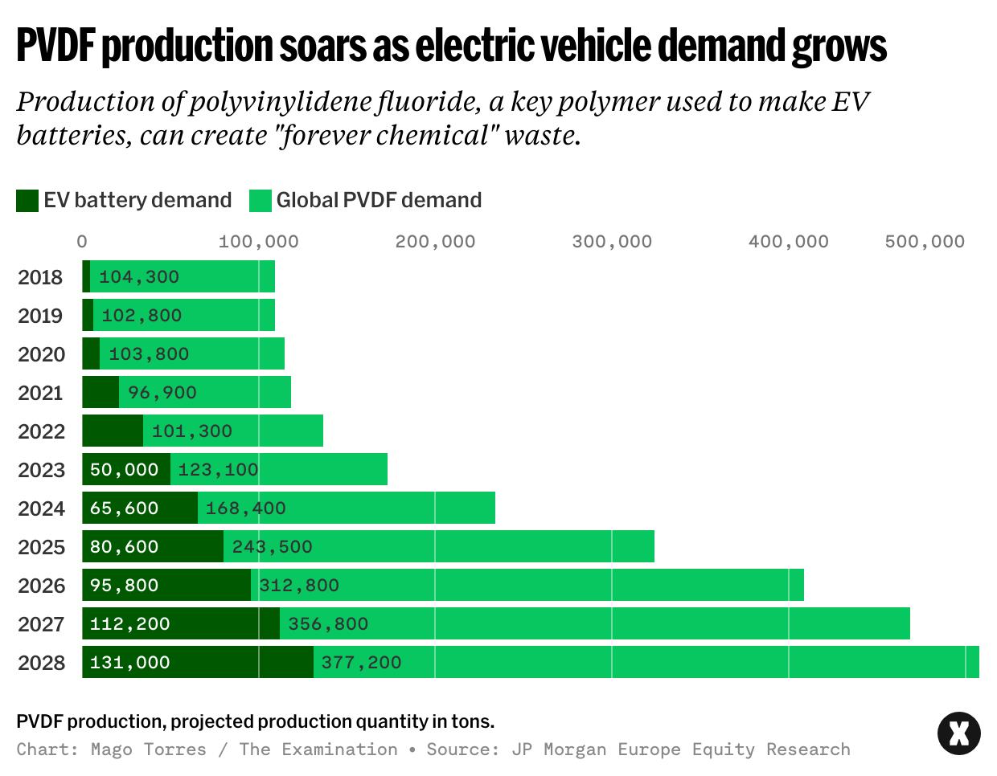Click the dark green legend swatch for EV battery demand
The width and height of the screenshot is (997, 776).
27,201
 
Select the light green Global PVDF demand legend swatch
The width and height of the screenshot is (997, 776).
261,201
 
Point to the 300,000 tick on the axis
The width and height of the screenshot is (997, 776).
612,242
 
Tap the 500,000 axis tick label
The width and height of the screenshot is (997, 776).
925,242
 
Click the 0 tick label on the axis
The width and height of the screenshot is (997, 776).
82,242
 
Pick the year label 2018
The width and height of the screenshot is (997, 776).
40,277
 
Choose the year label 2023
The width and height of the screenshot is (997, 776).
41,470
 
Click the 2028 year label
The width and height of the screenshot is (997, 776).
41,663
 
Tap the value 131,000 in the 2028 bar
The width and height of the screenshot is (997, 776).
130,663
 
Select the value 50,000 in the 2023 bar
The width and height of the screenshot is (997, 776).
125,470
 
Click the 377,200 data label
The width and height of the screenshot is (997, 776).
361,663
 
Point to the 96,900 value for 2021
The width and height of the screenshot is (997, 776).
162,393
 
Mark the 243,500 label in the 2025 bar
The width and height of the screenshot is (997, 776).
273,547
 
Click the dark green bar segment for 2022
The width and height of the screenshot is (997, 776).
113,431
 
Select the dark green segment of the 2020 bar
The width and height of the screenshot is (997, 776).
91,354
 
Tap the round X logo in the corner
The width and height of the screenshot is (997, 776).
959,733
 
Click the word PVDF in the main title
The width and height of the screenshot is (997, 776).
55,46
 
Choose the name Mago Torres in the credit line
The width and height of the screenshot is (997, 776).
149,749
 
